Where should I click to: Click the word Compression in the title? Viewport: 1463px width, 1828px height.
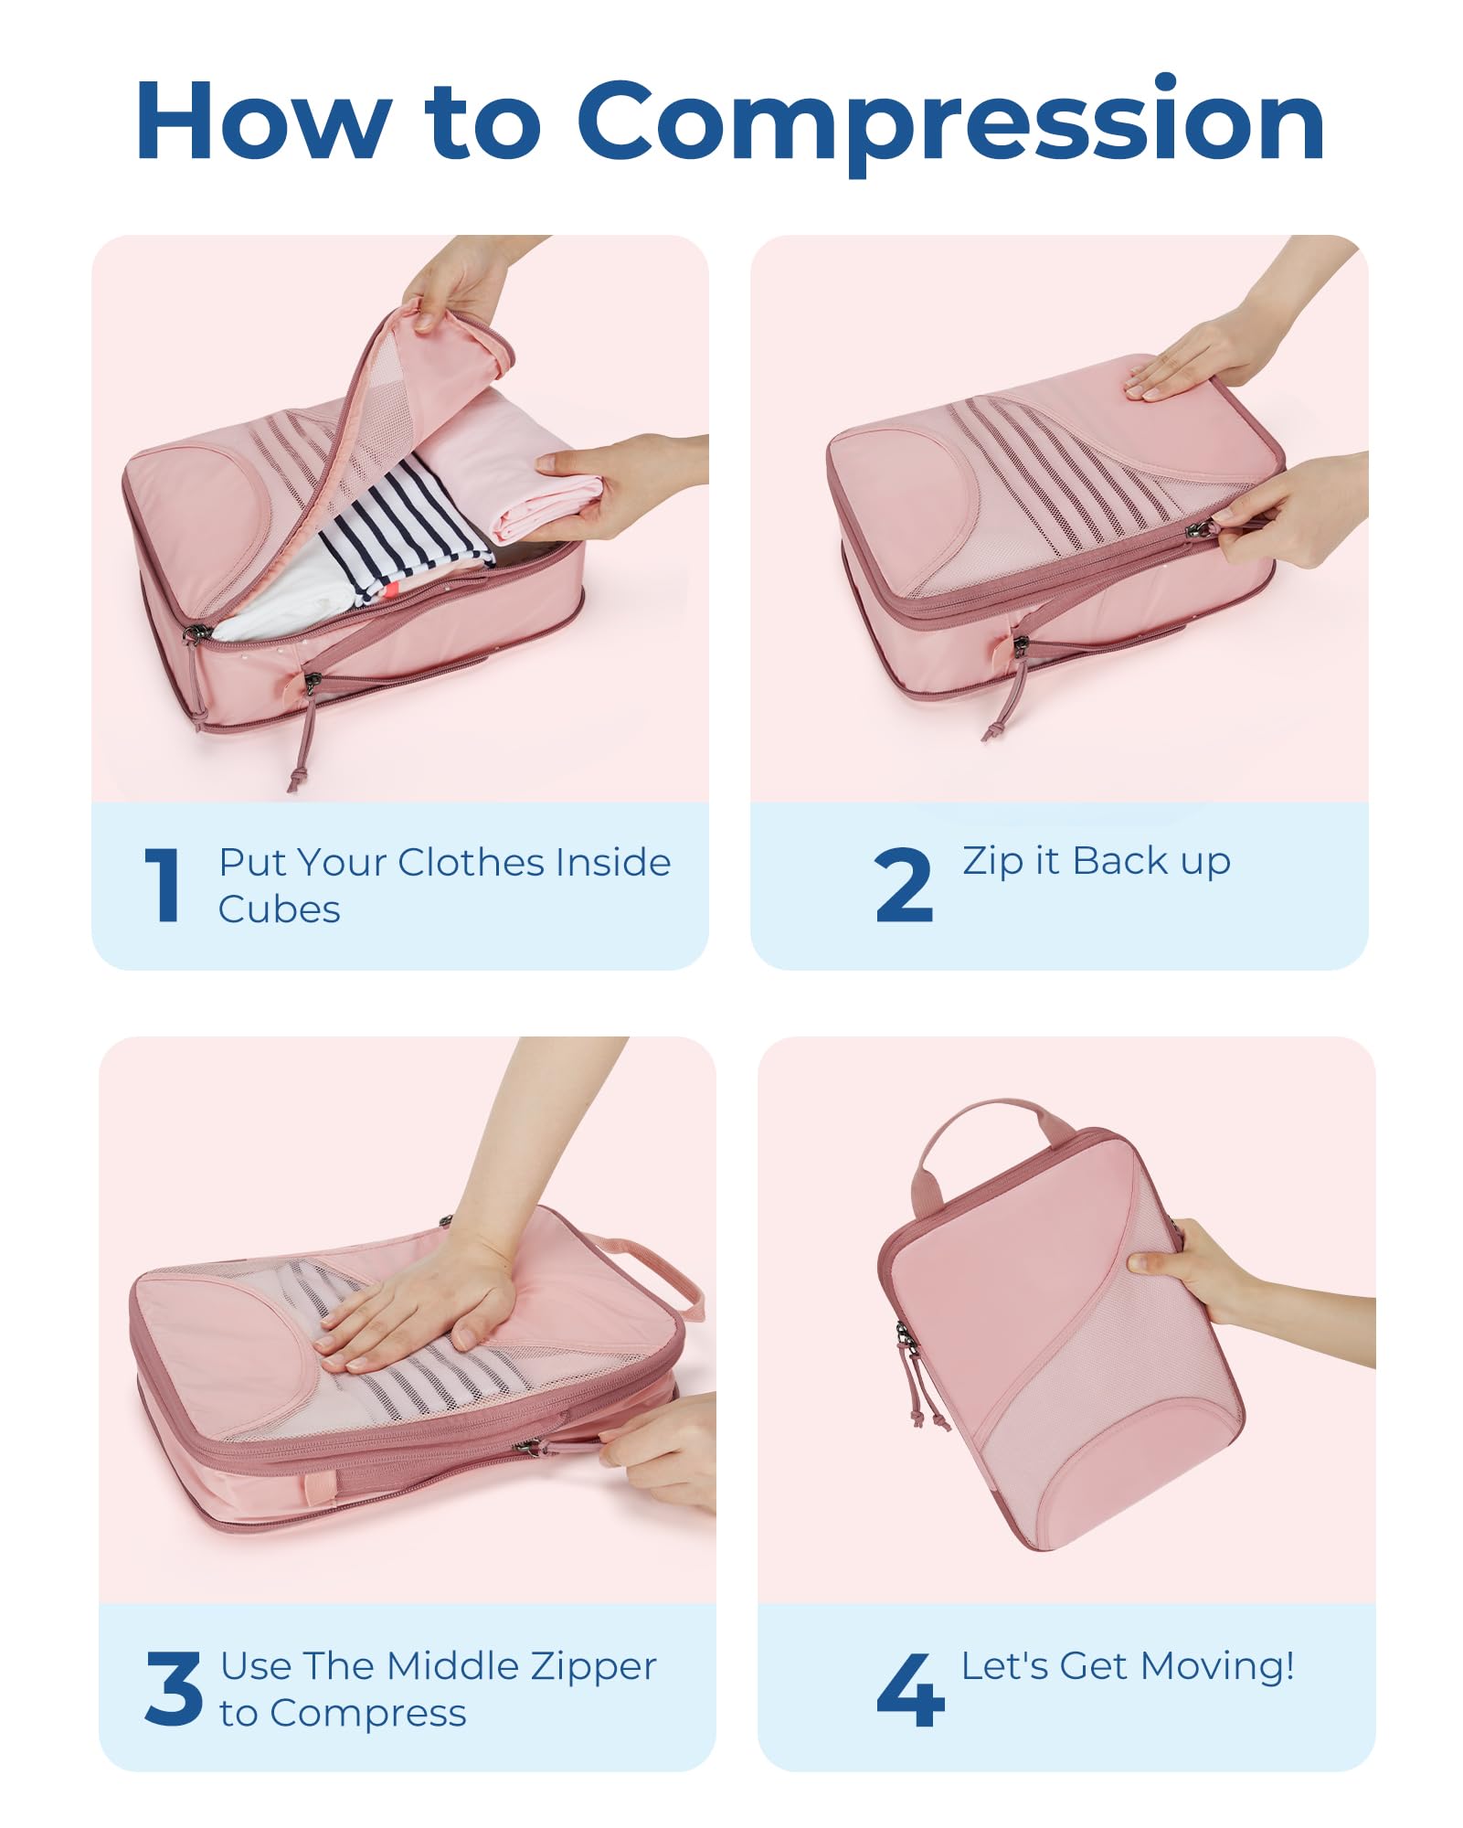tap(950, 123)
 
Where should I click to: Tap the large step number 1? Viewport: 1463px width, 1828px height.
tap(163, 884)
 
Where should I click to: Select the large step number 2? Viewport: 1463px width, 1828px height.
tap(904, 884)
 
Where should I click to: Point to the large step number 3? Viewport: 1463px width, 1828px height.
tap(174, 1688)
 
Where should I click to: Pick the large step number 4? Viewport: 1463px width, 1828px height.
tap(910, 1689)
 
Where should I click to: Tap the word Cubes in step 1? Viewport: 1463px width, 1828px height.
tap(280, 909)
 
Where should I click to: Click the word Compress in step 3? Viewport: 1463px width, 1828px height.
tap(368, 1714)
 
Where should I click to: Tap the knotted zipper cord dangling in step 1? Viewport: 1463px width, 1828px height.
tap(304, 736)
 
